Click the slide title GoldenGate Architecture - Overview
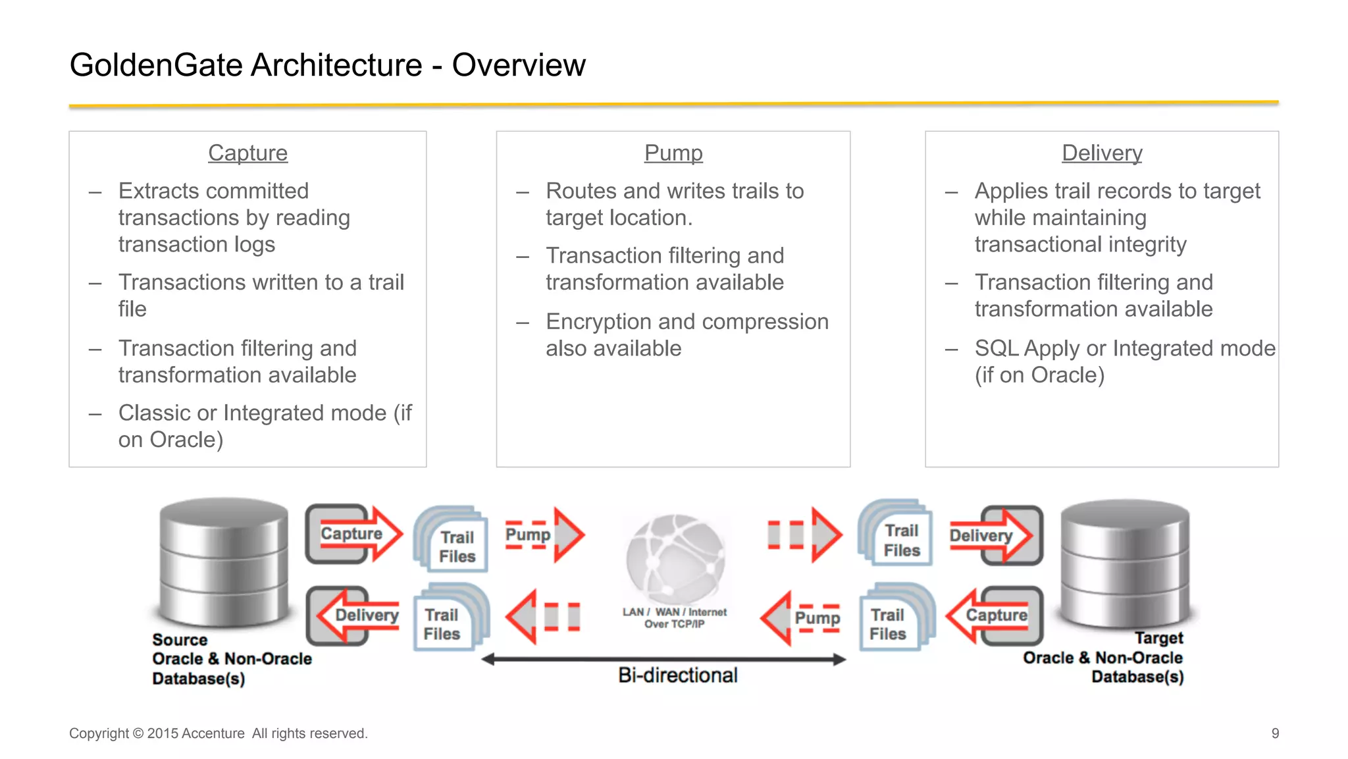click(327, 65)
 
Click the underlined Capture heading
click(247, 153)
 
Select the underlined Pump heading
click(673, 153)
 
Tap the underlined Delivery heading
click(1101, 153)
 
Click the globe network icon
click(675, 558)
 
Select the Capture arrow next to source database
click(354, 534)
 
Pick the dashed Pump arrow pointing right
click(544, 535)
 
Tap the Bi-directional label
click(677, 675)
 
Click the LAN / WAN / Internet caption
click(675, 617)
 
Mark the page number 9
click(1275, 733)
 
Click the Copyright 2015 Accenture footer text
click(218, 733)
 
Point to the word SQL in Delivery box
click(996, 348)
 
